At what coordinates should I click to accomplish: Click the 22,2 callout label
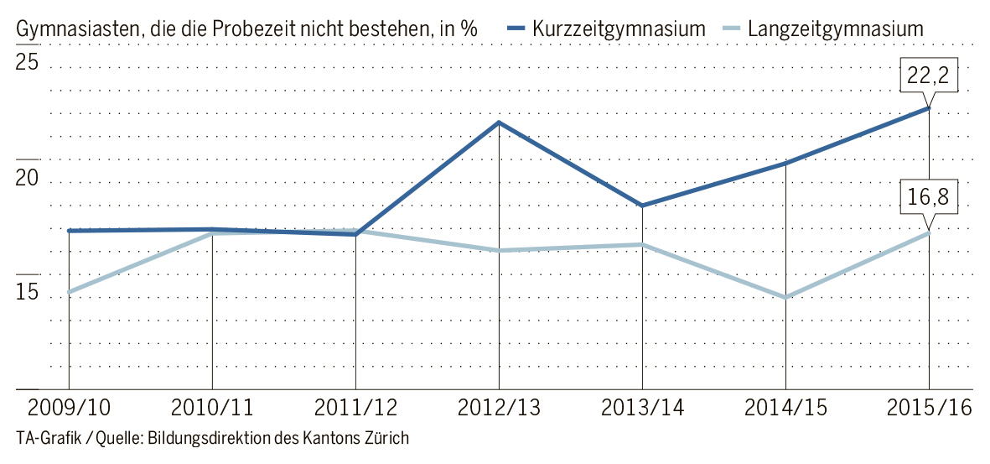pyautogui.click(x=928, y=76)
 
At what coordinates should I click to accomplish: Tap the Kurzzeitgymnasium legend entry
pyautogui.click(x=618, y=29)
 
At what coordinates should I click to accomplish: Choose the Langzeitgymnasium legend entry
pyautogui.click(x=835, y=29)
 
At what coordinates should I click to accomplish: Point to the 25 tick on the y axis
pyautogui.click(x=29, y=63)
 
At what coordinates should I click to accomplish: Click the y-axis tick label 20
pyautogui.click(x=29, y=178)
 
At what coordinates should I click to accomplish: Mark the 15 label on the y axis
pyautogui.click(x=29, y=293)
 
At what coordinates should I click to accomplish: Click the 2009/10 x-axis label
pyautogui.click(x=68, y=409)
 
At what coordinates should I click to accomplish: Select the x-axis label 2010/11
pyautogui.click(x=212, y=409)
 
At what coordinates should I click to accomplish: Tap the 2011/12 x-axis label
pyautogui.click(x=355, y=409)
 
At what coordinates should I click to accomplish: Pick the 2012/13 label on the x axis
pyautogui.click(x=500, y=409)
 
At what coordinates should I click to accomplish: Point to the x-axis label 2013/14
pyautogui.click(x=642, y=409)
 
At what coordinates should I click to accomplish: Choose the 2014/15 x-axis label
pyautogui.click(x=785, y=409)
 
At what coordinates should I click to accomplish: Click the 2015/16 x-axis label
pyautogui.click(x=929, y=409)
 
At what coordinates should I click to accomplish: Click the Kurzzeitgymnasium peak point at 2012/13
pyautogui.click(x=500, y=123)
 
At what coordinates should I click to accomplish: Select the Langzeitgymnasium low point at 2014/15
pyautogui.click(x=785, y=297)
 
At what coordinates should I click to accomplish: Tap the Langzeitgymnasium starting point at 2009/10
pyautogui.click(x=69, y=292)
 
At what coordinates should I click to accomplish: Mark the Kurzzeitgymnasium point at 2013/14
pyautogui.click(x=642, y=206)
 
